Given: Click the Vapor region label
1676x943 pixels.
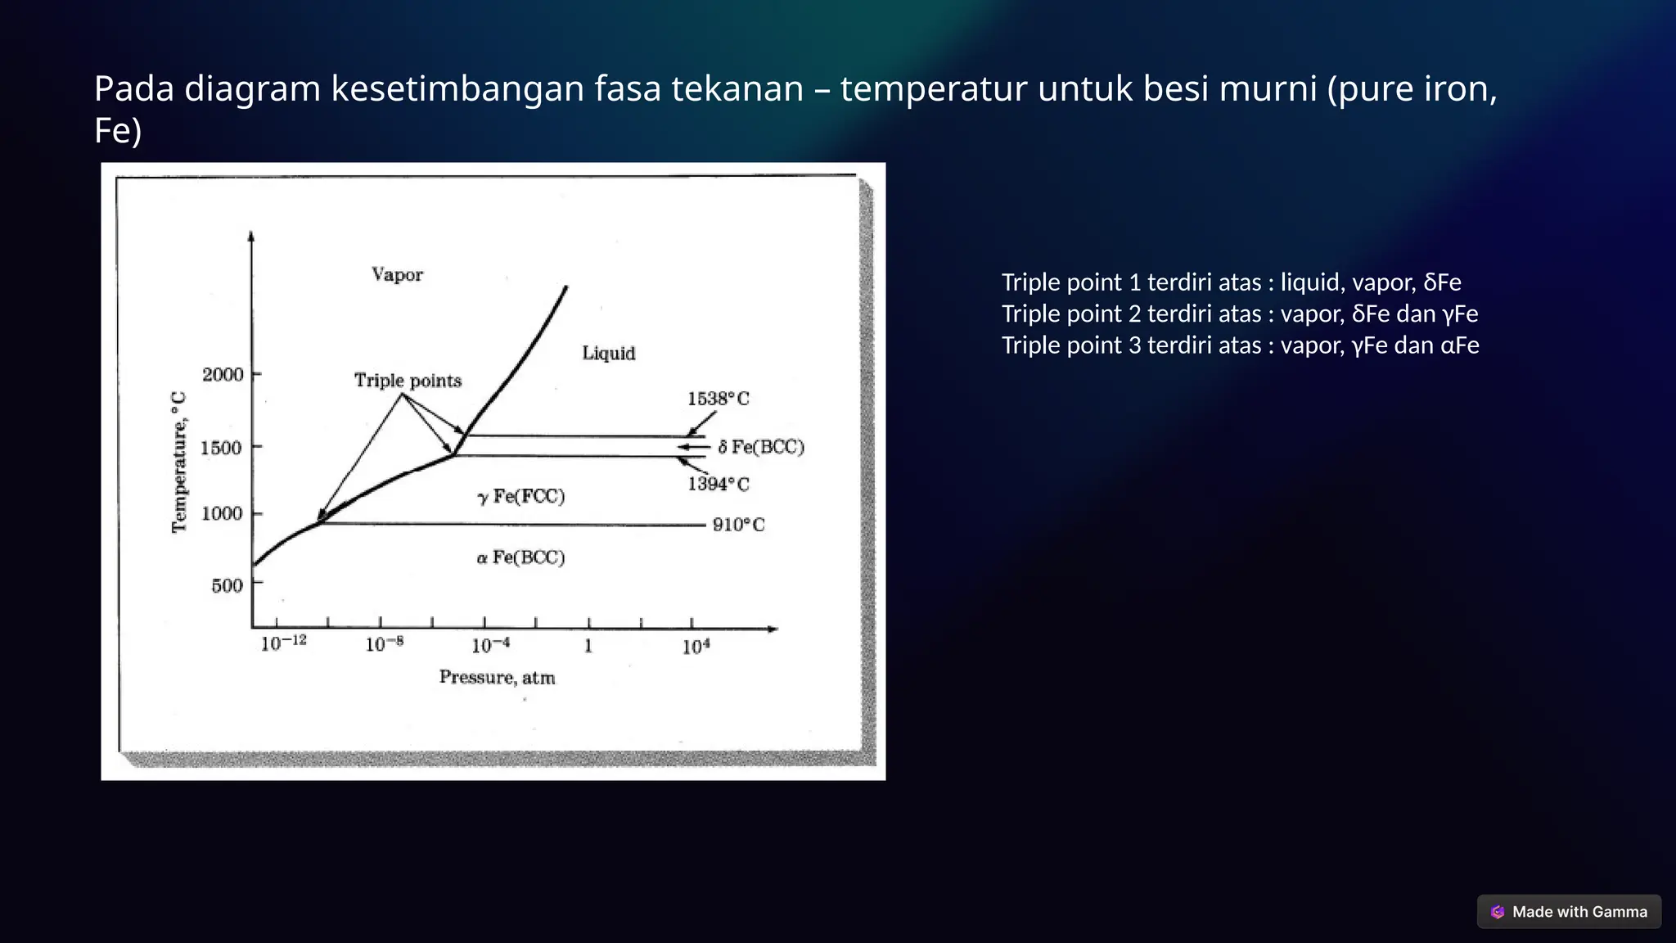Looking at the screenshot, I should click(x=397, y=274).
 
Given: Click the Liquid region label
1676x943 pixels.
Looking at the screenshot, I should click(x=608, y=353).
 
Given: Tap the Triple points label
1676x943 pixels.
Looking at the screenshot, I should click(x=408, y=381).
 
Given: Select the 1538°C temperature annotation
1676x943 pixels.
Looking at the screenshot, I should click(x=718, y=399).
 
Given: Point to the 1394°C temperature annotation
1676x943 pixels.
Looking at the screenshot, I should click(x=718, y=484).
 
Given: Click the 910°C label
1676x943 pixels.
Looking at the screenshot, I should click(x=738, y=525).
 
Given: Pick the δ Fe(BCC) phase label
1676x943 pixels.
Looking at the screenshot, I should click(x=761, y=447).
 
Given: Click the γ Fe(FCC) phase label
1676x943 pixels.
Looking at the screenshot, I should click(x=521, y=496).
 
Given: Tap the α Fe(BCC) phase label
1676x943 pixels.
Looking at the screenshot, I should click(x=520, y=557).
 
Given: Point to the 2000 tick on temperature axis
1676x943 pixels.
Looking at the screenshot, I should click(x=223, y=375).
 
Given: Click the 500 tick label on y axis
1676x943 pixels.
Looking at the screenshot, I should click(x=227, y=586).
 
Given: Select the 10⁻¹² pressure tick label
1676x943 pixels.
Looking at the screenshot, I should click(x=283, y=643).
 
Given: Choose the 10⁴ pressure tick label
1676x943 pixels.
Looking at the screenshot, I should click(x=696, y=647).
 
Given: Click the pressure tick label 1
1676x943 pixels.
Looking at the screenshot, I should click(x=588, y=647).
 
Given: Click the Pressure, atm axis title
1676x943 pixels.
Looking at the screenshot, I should click(x=497, y=678).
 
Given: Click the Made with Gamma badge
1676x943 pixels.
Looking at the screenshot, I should click(x=1569, y=912).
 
